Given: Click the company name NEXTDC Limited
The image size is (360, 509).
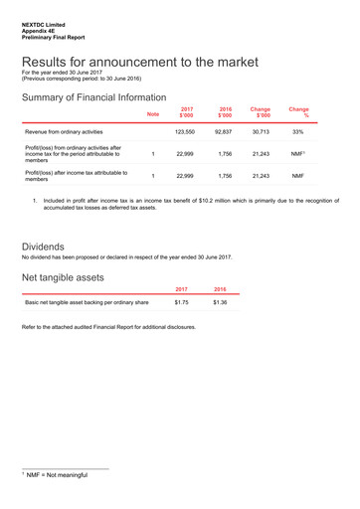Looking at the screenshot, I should pos(44,20).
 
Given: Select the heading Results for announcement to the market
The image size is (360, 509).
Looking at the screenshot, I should pos(139,62).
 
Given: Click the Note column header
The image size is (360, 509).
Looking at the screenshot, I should pos(152,114).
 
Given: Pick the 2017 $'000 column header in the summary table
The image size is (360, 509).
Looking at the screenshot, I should pos(185,111).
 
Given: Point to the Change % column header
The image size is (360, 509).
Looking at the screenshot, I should pos(298,111).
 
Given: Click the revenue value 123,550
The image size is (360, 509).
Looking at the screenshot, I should pos(185,131).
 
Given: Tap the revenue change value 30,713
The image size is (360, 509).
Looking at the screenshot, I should pos(261,131).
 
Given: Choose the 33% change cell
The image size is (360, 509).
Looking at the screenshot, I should pos(298,131).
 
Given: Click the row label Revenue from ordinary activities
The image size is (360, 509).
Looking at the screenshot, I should pos(66,131).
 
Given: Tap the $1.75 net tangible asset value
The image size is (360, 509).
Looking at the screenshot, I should pos(182,301).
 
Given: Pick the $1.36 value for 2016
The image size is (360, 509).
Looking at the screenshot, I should pos(220,301).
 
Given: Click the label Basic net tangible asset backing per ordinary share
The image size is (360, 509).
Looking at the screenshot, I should pos(87,301).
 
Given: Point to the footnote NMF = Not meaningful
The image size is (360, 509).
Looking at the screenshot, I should pos(57,475).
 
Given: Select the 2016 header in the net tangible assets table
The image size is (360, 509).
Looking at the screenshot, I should pos(220,288).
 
